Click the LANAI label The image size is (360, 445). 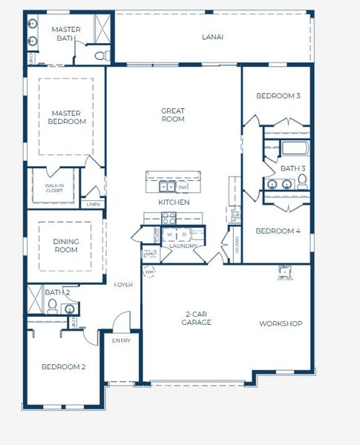212,36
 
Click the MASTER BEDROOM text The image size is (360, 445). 67,117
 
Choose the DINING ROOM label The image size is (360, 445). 65,245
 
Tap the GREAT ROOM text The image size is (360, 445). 173,115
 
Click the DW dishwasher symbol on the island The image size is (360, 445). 182,187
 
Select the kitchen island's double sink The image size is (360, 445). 164,187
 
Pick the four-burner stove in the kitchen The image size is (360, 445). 169,218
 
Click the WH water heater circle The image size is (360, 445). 148,272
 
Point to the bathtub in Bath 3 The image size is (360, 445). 295,148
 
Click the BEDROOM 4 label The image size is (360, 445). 278,231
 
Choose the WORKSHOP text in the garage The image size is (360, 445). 281,323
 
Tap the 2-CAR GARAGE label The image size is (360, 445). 197,318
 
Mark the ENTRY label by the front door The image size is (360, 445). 120,340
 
